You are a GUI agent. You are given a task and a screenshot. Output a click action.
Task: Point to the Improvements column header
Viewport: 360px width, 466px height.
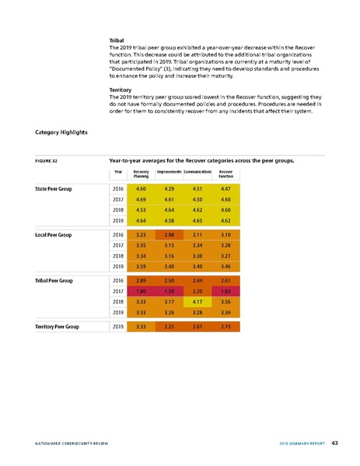point(169,171)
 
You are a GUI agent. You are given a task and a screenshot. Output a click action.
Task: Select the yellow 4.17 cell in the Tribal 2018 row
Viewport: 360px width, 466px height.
point(197,300)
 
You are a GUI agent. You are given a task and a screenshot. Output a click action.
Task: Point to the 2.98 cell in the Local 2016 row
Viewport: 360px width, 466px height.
point(170,234)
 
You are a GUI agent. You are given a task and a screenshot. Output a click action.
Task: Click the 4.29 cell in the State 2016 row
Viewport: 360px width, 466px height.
point(170,189)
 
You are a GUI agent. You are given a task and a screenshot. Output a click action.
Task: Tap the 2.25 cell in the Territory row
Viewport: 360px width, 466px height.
point(170,327)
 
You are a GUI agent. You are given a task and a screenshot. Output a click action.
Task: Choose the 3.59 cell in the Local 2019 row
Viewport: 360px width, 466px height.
point(141,267)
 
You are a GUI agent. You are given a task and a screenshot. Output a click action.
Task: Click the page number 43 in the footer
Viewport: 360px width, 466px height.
point(334,443)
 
